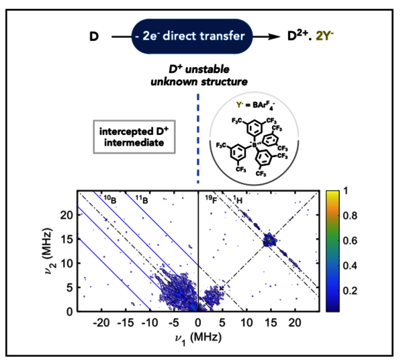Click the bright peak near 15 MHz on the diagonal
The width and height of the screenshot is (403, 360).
pos(269,239)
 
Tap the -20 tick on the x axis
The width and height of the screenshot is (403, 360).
pos(102,322)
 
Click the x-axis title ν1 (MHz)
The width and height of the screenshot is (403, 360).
pos(198,338)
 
